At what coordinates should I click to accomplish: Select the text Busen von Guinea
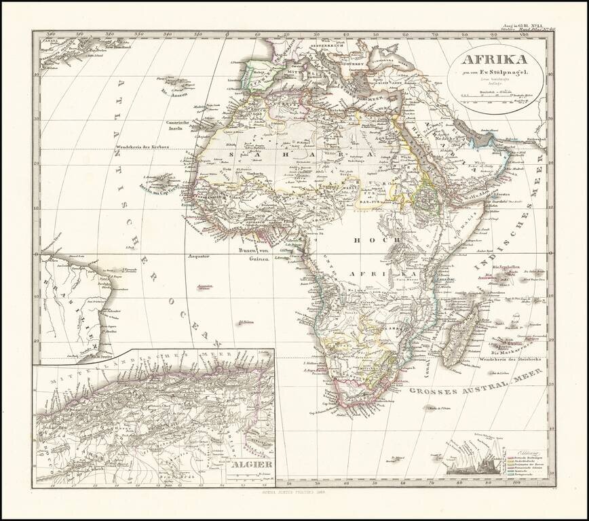(x=251, y=254)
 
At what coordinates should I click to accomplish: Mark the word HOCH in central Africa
(x=365, y=239)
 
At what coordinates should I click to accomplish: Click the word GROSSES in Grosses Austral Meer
(x=434, y=391)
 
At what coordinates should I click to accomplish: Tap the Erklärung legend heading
(x=525, y=452)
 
